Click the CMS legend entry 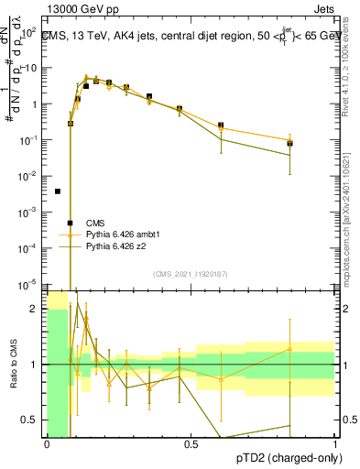94,223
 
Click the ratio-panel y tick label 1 35,365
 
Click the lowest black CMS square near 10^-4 70,223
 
